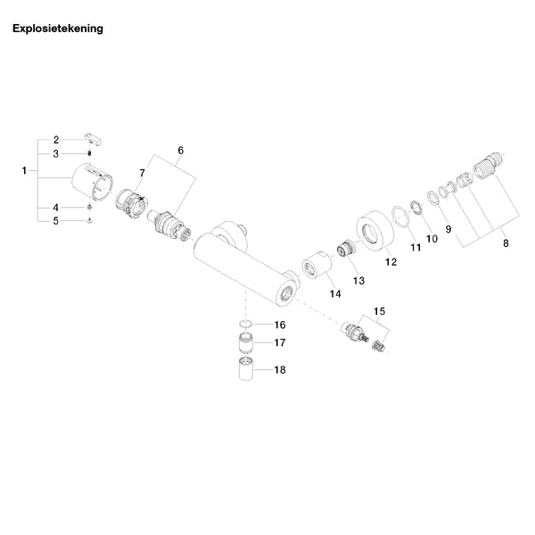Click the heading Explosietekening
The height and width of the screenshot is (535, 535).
[58, 29]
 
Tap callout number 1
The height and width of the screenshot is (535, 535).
[24, 170]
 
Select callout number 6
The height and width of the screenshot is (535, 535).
[180, 150]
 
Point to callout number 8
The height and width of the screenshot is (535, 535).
[506, 243]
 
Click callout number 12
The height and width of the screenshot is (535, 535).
[391, 261]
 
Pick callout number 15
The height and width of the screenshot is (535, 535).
[380, 311]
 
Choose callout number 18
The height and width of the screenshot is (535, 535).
[280, 369]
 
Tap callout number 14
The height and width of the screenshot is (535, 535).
[335, 293]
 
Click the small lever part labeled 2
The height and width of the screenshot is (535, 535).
[94, 139]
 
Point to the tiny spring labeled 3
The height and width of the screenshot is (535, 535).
[89, 153]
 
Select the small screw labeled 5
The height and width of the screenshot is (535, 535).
[89, 221]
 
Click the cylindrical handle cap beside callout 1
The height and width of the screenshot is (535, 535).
[92, 182]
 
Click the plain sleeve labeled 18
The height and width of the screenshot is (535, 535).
[246, 368]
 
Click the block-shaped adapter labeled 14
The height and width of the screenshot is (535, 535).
[317, 265]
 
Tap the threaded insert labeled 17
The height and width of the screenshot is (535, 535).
[246, 342]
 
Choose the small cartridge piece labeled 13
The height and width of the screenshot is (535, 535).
[346, 247]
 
